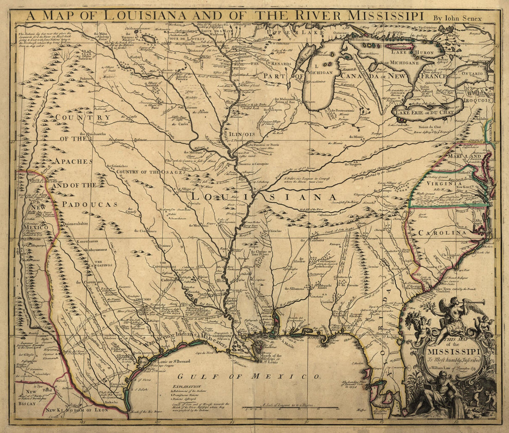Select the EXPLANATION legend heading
[187, 386]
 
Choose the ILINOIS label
[242, 134]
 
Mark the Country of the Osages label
[147, 172]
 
